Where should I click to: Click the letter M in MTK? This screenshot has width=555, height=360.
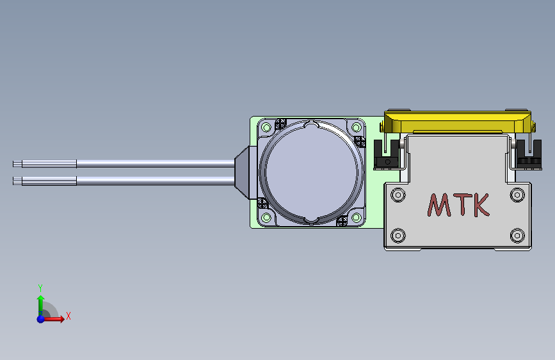439,205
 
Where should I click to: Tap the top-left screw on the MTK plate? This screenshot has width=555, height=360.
398,193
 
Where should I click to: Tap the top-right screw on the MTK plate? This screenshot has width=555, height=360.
517,193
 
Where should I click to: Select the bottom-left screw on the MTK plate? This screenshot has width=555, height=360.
398,235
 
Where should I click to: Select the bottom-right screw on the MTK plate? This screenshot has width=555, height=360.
517,235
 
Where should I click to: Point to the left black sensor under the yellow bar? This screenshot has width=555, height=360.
384,154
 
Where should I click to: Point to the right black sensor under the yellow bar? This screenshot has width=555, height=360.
529,154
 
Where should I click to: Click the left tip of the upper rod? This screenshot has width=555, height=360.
15,164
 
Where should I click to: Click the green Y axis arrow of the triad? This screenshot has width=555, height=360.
40,301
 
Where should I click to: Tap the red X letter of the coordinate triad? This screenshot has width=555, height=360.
68,316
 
